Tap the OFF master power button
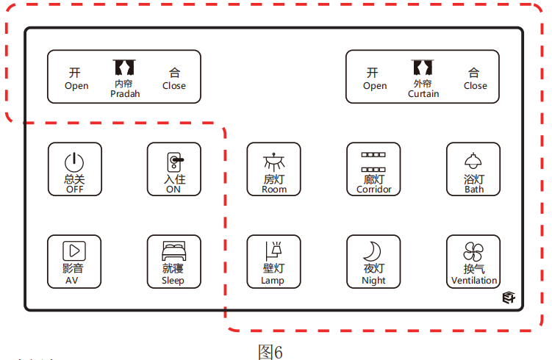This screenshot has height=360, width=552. tap(75, 169)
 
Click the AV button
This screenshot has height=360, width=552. tap(75, 262)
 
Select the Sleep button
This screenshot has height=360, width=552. tap(173, 262)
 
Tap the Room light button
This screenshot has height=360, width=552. tap(273, 169)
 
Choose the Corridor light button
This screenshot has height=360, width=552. tap(373, 169)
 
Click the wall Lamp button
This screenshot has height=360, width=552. tap(273, 262)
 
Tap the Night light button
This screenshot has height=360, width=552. tap(373, 262)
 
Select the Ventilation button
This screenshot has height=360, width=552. tap(473, 262)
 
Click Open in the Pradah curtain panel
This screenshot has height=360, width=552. tap(76, 79)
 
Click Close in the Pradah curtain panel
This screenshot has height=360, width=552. tap(174, 79)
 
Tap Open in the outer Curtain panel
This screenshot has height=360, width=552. tap(374, 79)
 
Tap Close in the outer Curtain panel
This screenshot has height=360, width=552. tap(475, 79)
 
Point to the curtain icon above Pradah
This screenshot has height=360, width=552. tap(124, 68)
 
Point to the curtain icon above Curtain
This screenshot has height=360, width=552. tap(423, 68)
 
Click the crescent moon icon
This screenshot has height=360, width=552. tap(373, 251)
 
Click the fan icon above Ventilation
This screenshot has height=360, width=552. tap(473, 251)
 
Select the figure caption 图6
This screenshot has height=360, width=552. tap(270, 352)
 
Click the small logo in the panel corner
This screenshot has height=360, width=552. tap(509, 297)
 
